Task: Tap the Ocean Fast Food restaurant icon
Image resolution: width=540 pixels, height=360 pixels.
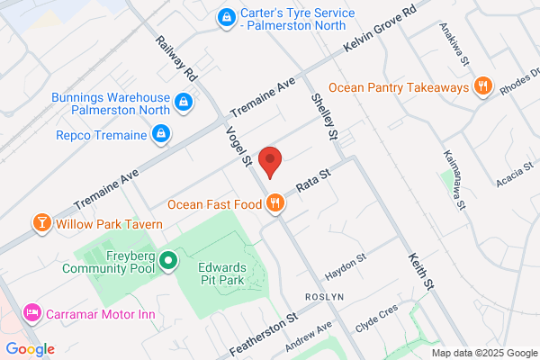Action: [x=275, y=205]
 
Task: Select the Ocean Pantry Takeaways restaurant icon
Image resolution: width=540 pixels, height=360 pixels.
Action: [x=482, y=87]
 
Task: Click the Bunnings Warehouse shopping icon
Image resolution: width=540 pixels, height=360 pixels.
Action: [x=184, y=103]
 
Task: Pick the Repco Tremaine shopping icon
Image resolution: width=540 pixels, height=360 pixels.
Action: [x=161, y=135]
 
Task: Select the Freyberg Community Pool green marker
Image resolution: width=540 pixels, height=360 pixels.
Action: [x=167, y=261]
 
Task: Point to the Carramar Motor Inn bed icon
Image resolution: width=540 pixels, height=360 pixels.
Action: [x=32, y=313]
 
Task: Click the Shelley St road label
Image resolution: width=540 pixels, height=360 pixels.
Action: [x=323, y=115]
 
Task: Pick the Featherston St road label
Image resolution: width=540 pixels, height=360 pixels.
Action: [x=267, y=331]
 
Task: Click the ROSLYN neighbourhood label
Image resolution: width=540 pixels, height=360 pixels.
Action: [x=319, y=296]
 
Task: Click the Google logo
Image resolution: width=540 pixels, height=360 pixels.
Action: [x=30, y=349]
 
